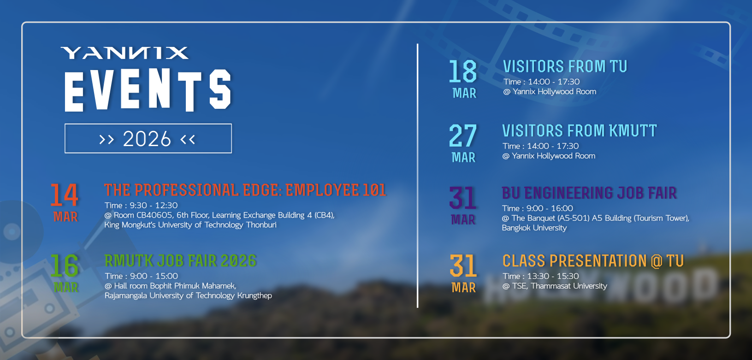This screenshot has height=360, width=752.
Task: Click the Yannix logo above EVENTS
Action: (x=124, y=53)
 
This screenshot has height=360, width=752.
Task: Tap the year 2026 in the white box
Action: (x=147, y=139)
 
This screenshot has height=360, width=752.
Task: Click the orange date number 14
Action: (x=65, y=195)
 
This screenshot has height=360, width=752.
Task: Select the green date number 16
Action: (x=65, y=266)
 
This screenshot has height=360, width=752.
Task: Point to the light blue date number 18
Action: (x=463, y=72)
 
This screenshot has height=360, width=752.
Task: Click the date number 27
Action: (x=463, y=136)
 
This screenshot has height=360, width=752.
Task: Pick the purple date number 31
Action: (x=463, y=198)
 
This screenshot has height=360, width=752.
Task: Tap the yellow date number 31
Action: (x=463, y=266)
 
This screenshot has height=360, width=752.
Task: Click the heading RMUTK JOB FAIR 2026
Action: (x=180, y=261)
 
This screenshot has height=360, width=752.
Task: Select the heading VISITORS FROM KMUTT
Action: (x=579, y=131)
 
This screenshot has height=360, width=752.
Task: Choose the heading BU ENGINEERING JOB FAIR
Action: (x=589, y=193)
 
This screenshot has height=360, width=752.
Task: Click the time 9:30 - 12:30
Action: (x=154, y=206)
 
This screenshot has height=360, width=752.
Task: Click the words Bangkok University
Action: (x=534, y=228)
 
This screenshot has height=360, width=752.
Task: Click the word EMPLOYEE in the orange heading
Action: (x=322, y=190)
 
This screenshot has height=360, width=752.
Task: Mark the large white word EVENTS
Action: (x=148, y=90)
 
